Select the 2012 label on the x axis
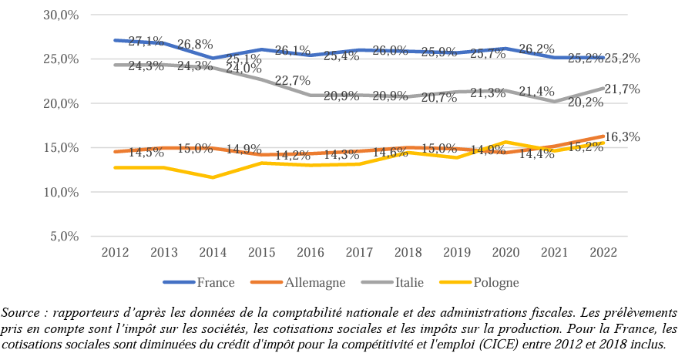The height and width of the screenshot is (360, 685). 114,252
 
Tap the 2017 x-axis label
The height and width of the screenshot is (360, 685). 359,252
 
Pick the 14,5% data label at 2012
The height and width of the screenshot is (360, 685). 146,153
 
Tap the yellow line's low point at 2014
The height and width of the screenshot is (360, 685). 212,177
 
